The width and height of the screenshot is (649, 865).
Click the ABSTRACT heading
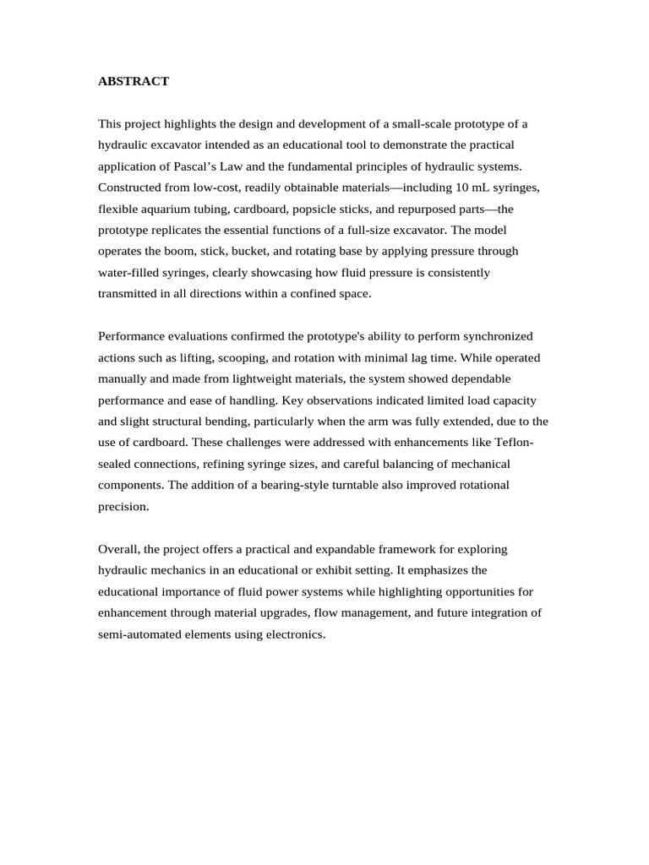click(x=134, y=81)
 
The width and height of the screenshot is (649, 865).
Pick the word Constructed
click(x=131, y=188)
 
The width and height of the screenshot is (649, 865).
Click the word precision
click(x=123, y=506)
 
